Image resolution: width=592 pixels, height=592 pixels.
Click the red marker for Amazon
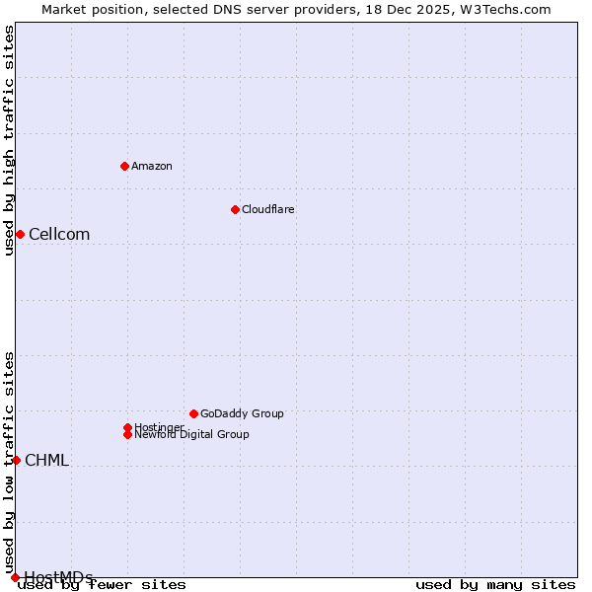click(124, 166)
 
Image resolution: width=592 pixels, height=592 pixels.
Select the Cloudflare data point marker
click(235, 209)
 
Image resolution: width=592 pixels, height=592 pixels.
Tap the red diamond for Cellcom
click(20, 234)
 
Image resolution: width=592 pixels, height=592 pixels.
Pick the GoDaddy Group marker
click(193, 413)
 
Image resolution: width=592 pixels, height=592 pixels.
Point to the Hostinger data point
click(127, 427)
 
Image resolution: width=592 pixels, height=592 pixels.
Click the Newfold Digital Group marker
click(127, 434)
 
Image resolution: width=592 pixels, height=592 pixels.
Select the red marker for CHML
click(16, 460)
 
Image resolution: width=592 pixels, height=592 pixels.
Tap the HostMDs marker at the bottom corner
click(15, 577)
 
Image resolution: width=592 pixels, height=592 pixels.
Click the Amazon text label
click(151, 166)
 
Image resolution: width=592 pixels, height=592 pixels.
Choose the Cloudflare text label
click(267, 209)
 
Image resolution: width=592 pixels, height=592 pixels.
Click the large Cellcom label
click(59, 234)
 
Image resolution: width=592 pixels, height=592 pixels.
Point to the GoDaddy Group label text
click(242, 413)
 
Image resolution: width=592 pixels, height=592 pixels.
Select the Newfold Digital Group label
click(191, 435)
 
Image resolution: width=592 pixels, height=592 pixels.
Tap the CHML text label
click(46, 460)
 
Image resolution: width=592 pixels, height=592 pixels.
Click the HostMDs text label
click(58, 577)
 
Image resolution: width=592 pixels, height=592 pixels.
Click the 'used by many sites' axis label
click(495, 585)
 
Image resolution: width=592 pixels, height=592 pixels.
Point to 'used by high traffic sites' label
click(9, 140)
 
